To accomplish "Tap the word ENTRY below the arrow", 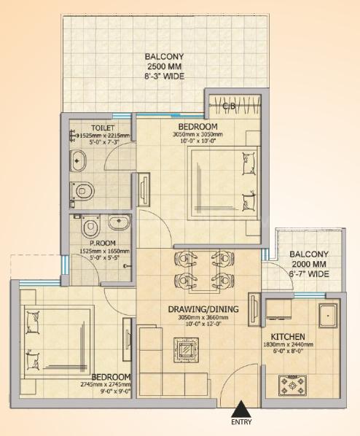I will tap(240, 423).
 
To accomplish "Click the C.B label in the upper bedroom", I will tap(228, 106).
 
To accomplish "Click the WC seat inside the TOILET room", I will tap(85, 190).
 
